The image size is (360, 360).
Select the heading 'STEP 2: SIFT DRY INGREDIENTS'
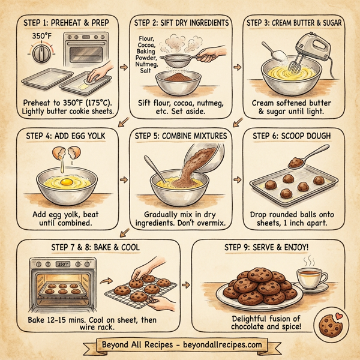[181, 23]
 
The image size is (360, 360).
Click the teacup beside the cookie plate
[310, 278]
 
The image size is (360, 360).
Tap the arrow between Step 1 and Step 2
[124, 66]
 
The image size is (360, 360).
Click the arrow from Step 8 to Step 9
[184, 284]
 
